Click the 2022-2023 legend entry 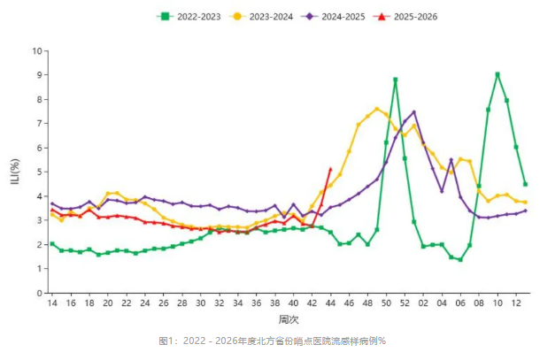[191, 16]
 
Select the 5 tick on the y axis [37, 172]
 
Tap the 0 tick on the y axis [37, 293]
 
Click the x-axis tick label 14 [51, 303]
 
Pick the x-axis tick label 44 [330, 303]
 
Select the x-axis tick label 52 [405, 303]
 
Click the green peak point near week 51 [395, 80]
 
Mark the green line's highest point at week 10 [497, 74]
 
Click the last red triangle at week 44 [330, 169]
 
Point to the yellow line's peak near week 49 [377, 109]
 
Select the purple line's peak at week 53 [413, 112]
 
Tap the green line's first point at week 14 [51, 244]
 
